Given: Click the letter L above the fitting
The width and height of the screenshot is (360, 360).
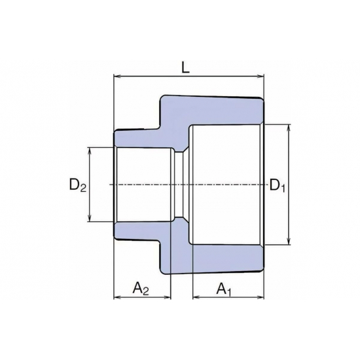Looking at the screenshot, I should click(x=189, y=65).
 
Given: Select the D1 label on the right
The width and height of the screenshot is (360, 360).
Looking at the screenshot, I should click(x=278, y=186).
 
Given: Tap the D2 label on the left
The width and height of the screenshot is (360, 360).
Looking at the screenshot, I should click(x=78, y=186).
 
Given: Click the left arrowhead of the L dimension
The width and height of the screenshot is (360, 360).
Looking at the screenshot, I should click(x=117, y=77).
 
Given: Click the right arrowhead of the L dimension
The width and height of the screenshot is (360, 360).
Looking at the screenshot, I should click(x=262, y=77).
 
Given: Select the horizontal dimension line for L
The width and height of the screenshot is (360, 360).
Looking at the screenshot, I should click(x=157, y=77).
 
